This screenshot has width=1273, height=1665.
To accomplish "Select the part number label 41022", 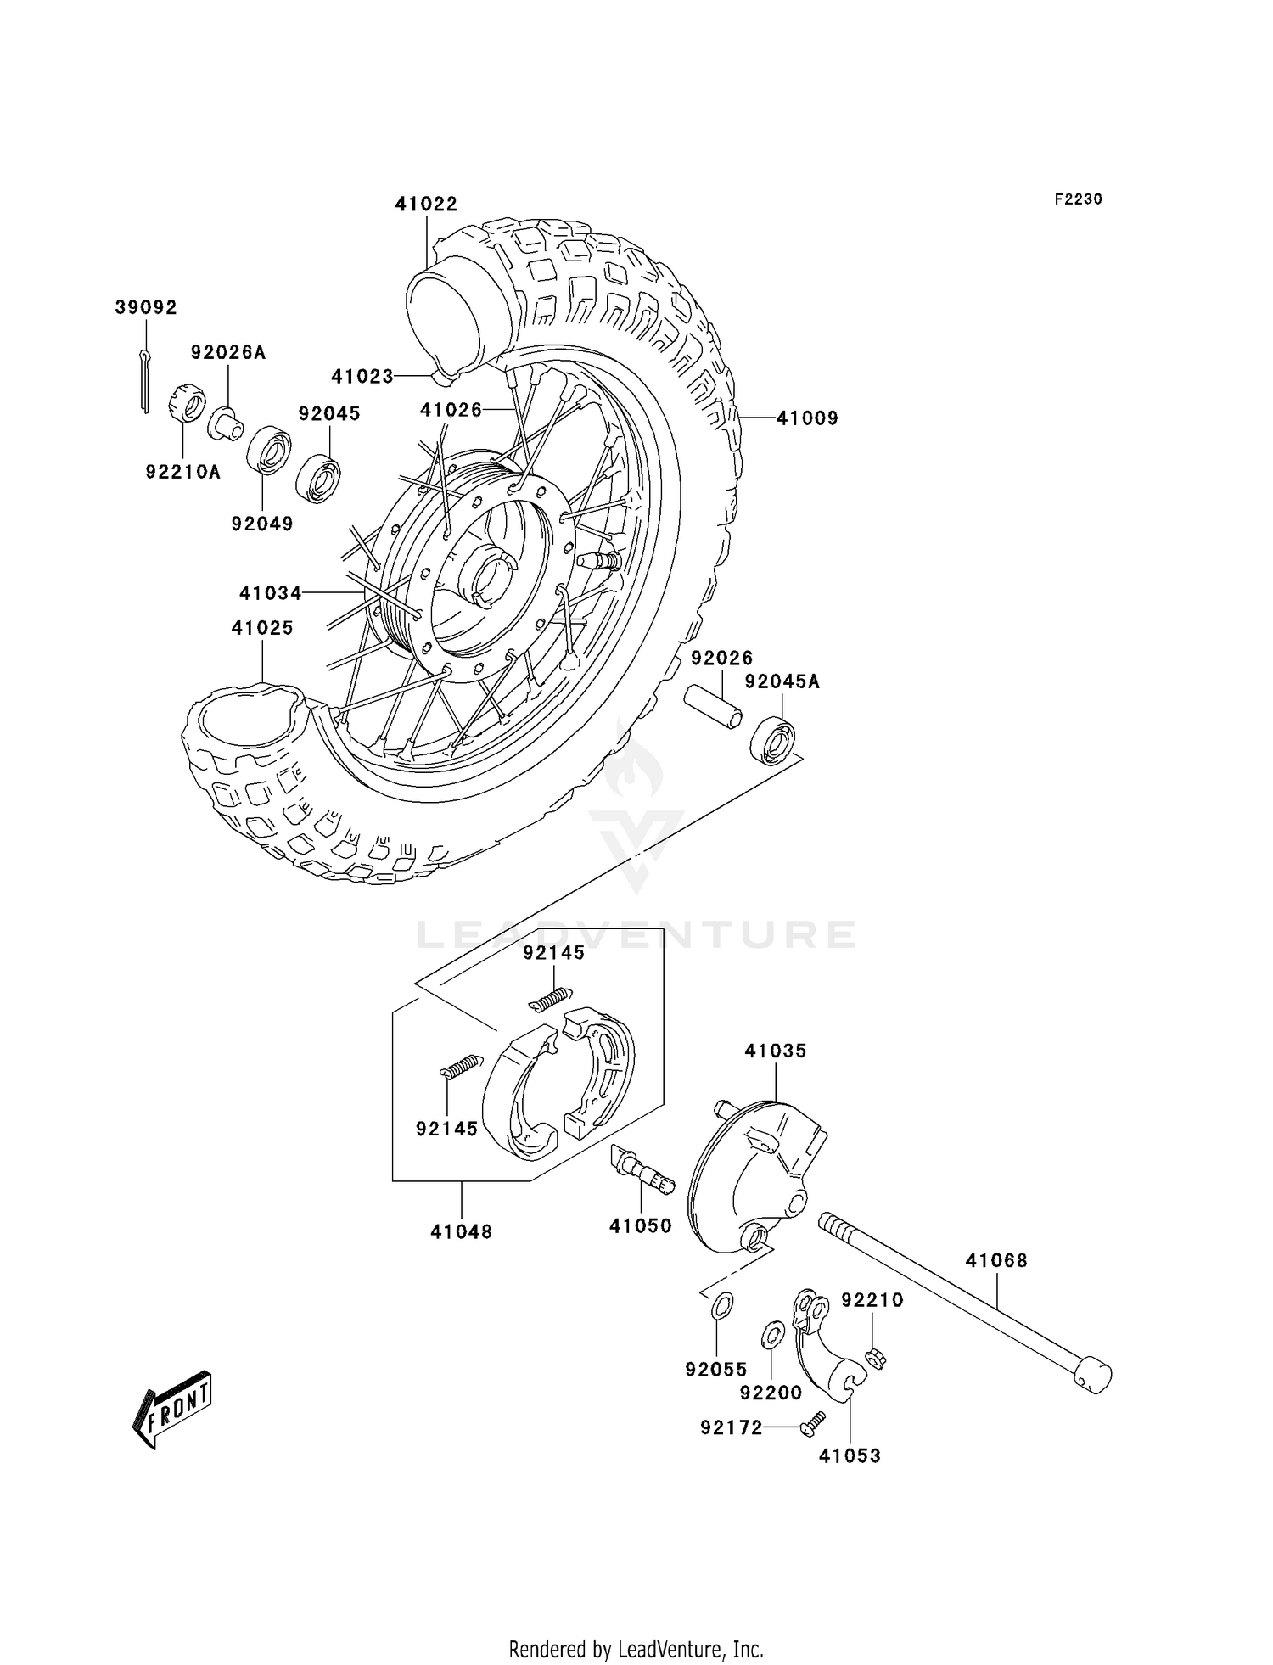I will tap(426, 205).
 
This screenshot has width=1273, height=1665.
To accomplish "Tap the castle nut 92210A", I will tap(188, 405).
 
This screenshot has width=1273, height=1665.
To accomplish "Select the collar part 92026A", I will tap(226, 423).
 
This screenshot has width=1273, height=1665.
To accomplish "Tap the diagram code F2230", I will tap(1078, 199).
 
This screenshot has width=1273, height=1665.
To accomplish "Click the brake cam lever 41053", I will tap(827, 1349).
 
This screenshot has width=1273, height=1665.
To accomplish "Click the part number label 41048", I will tap(461, 1231).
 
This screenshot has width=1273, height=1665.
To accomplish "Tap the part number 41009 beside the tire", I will tap(807, 418).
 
